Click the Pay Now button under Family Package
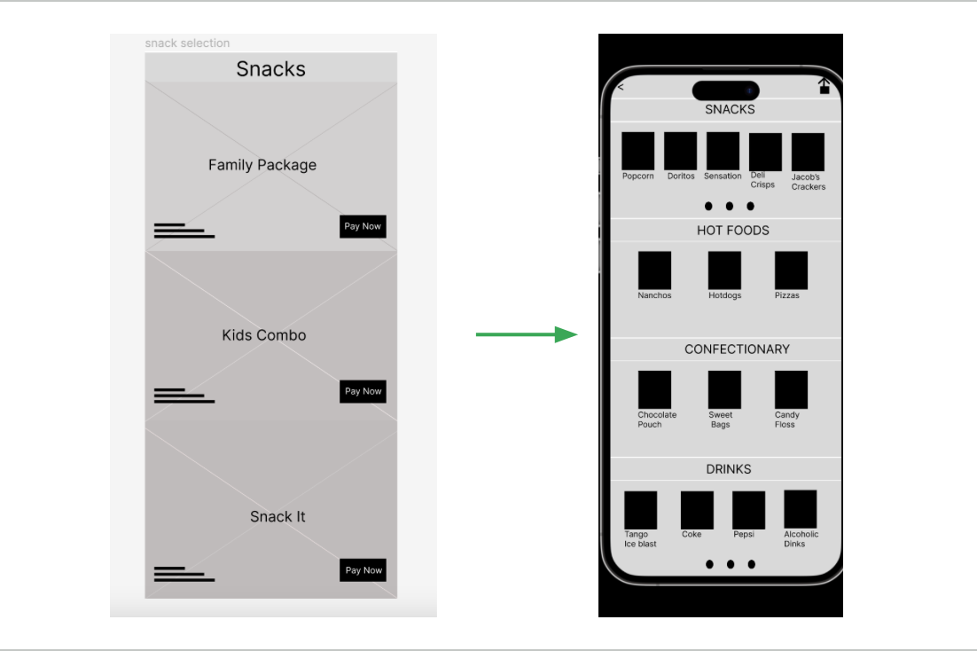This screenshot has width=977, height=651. (x=363, y=226)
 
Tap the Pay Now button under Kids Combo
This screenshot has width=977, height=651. (x=363, y=391)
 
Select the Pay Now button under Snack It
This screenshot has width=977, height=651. (x=363, y=570)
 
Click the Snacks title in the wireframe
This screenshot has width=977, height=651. (x=270, y=68)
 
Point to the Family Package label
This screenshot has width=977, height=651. (x=262, y=164)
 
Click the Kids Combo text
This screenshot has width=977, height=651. (x=263, y=334)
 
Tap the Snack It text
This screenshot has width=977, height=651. (x=277, y=516)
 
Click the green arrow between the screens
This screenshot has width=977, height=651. (x=527, y=334)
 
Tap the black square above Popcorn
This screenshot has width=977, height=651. (x=637, y=151)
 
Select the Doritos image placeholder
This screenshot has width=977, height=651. (x=680, y=151)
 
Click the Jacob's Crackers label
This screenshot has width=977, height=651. (x=808, y=182)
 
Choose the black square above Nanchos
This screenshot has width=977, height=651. (x=654, y=270)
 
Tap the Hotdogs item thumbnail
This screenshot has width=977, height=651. (x=724, y=270)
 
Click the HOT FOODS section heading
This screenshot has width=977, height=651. (x=732, y=230)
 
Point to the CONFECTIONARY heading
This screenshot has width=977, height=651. (x=737, y=349)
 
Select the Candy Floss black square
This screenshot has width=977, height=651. (x=791, y=389)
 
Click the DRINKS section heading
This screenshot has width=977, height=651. (x=729, y=468)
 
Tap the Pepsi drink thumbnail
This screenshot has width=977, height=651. (x=748, y=510)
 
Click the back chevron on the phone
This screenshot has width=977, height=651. (x=621, y=87)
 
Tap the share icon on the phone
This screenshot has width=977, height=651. (x=824, y=85)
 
